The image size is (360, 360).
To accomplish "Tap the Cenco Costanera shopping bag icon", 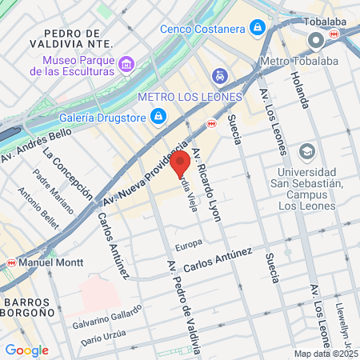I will pyautogui.click(x=256, y=28).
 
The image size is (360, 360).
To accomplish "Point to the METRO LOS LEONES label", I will pyautogui.click(x=189, y=97).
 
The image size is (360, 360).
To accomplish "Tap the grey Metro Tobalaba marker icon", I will pyautogui.click(x=316, y=38).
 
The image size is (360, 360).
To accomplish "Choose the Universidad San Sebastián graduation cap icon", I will pyautogui.click(x=307, y=151).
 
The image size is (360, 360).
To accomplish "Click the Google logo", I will pyautogui.click(x=26, y=350).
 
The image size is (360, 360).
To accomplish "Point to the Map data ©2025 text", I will pyautogui.click(x=326, y=354).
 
